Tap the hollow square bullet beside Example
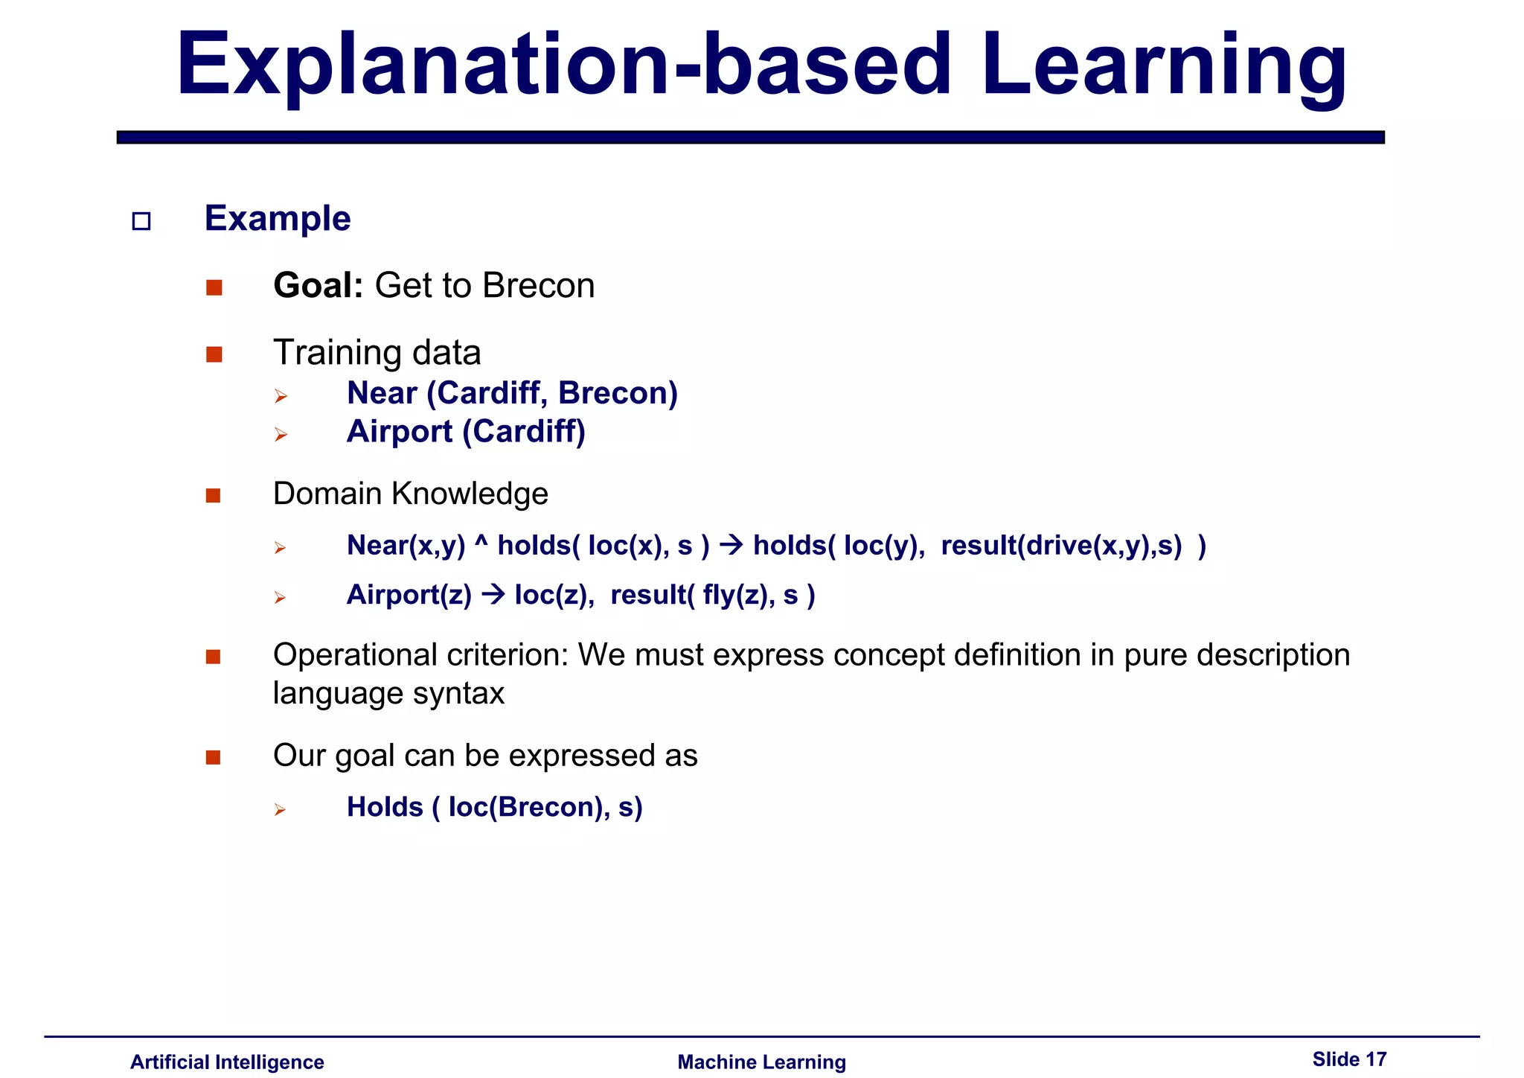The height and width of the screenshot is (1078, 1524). point(141,221)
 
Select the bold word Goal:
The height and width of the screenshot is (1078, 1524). point(318,286)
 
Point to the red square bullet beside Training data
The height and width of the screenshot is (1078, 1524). point(214,354)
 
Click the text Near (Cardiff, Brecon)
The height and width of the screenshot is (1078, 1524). point(512,393)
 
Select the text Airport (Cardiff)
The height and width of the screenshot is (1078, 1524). point(466,432)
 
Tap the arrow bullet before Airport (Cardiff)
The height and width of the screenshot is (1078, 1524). point(281,434)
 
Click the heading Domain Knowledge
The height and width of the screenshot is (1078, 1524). point(410,494)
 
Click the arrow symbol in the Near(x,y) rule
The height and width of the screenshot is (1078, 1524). point(731,546)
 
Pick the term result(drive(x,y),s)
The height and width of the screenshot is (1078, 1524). point(1061,546)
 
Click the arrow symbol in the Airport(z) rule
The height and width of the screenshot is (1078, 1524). point(493,595)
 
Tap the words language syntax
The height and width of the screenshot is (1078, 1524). point(388,694)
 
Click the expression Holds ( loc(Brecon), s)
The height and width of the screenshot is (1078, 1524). point(494,807)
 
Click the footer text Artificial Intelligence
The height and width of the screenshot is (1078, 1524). point(227,1062)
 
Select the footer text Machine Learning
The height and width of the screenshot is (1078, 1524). point(761,1062)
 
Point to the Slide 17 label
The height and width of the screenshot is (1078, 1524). point(1349,1059)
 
